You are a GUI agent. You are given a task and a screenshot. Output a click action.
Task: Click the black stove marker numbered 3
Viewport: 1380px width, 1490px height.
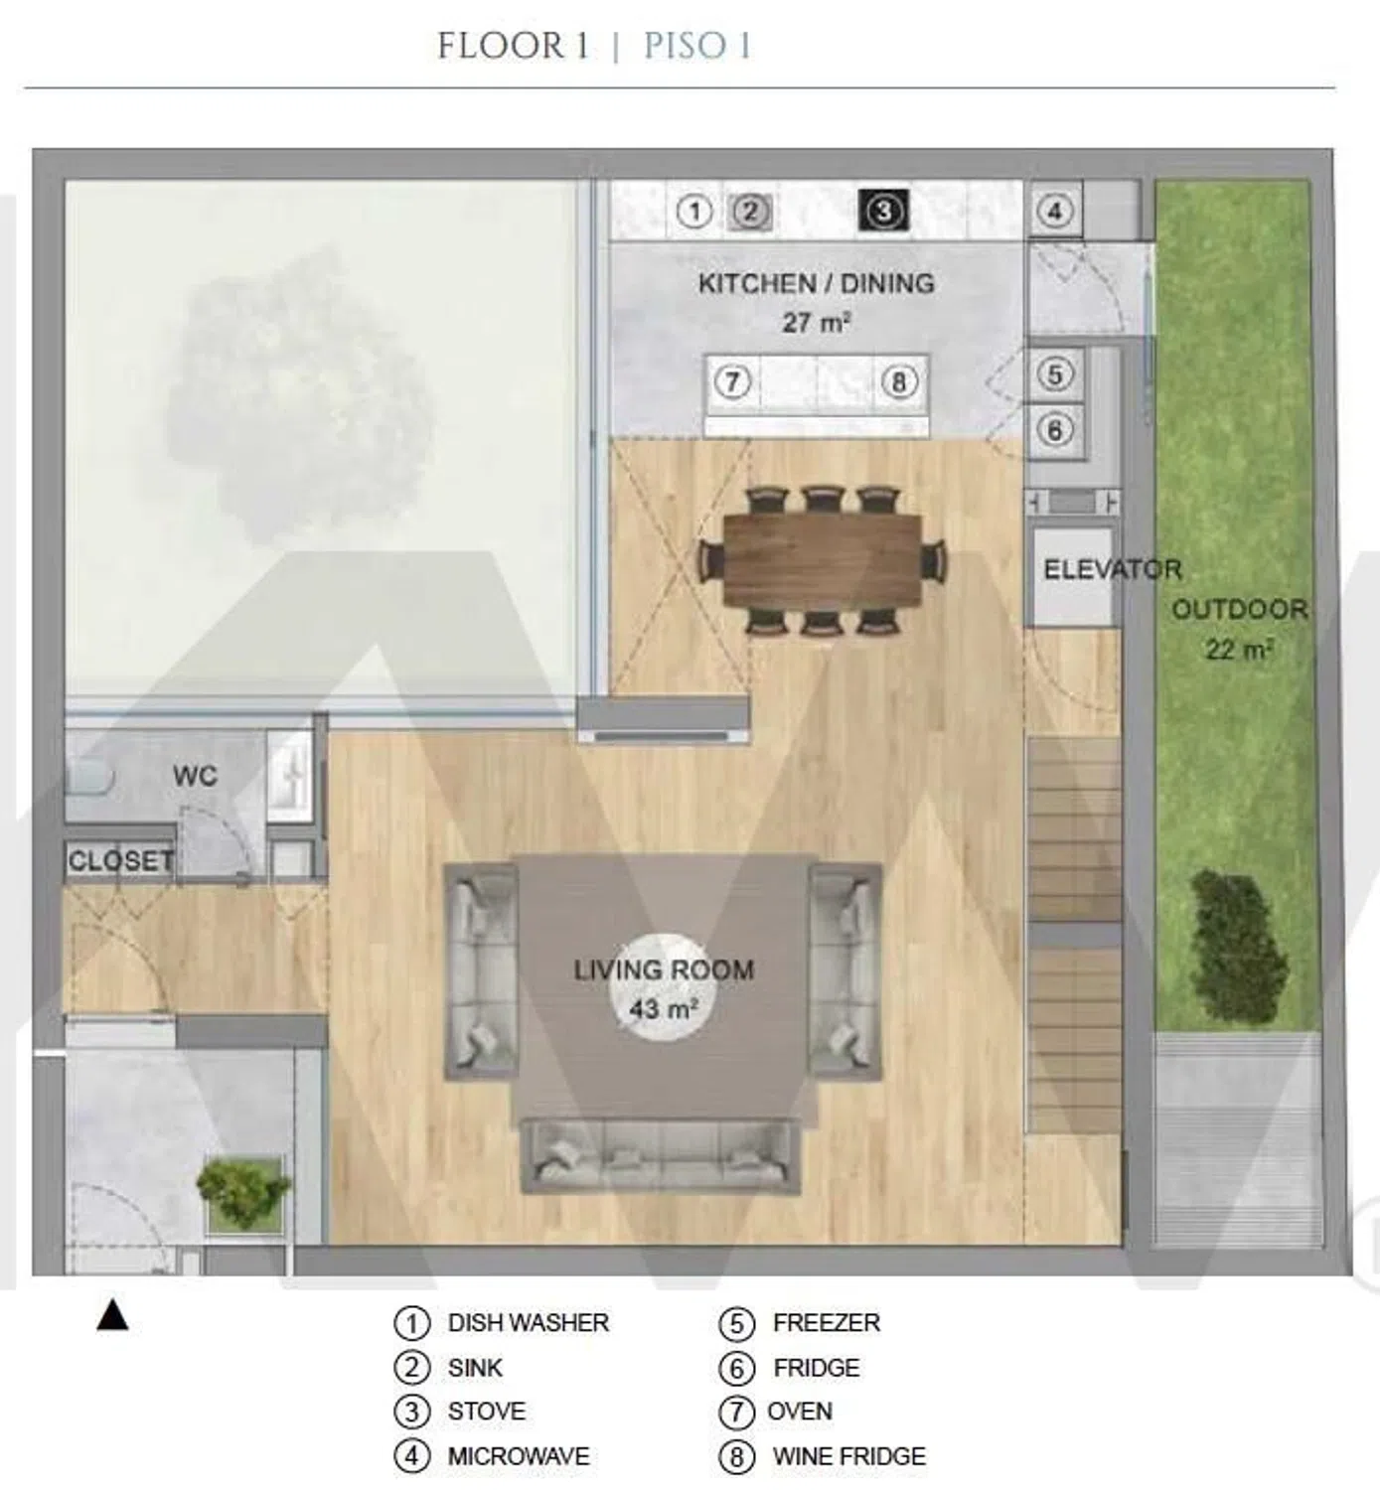coord(883,211)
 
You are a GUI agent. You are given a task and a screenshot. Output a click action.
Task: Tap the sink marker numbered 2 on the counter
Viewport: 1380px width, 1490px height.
coord(750,212)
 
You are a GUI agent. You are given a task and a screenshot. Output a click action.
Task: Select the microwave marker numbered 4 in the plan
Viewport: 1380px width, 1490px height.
coord(1054,212)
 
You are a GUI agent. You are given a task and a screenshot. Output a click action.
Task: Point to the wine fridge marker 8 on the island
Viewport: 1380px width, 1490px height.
coord(898,382)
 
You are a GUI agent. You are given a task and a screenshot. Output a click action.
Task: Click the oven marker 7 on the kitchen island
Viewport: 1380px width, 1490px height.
coord(732,382)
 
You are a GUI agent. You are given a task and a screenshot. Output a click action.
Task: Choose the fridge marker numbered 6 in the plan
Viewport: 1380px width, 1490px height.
coord(1054,430)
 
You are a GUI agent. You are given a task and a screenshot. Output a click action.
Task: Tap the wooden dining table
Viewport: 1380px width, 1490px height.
coord(823,559)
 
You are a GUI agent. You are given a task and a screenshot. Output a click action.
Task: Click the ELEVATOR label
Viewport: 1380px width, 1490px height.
coord(1112,570)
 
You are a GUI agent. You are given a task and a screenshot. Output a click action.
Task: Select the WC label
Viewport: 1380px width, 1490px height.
coord(195,776)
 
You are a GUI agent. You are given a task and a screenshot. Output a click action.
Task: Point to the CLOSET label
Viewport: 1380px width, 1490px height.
coord(121,861)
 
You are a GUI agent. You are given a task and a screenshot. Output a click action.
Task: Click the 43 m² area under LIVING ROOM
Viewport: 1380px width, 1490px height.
coord(664,1009)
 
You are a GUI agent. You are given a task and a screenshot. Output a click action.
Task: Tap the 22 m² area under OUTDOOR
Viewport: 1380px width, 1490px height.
coord(1239,649)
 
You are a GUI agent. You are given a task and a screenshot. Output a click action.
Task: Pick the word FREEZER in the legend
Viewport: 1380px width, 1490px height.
coord(827,1323)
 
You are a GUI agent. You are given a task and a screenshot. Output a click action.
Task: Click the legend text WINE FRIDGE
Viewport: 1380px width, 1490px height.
coord(848,1456)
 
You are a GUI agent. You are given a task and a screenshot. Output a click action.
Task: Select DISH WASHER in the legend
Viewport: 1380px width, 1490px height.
coord(529,1323)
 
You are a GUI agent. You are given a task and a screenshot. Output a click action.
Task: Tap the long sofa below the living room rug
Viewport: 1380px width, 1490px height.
coord(661,1156)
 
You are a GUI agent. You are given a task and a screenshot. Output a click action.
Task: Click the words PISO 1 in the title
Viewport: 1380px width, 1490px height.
coord(697,46)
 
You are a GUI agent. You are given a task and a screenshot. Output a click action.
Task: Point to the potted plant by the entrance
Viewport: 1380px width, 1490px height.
coord(243,1194)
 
